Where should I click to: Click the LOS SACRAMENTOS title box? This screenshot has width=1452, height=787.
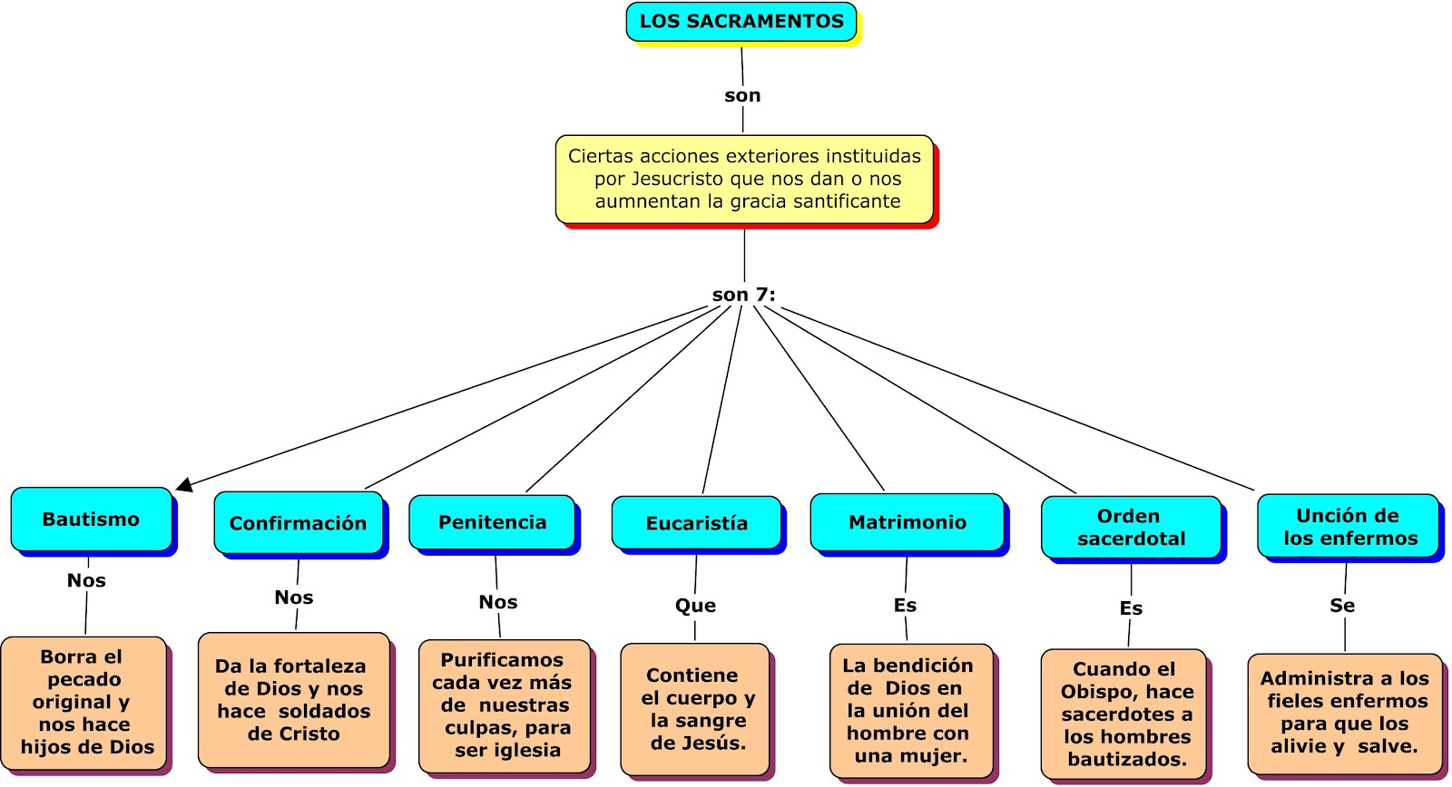tap(741, 22)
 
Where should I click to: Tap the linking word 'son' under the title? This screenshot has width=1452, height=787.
tap(742, 95)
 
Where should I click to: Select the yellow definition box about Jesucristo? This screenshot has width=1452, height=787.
tap(744, 179)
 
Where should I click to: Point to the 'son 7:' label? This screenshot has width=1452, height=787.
tap(743, 295)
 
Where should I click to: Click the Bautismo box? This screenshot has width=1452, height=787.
tap(91, 520)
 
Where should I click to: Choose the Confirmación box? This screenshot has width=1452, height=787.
tap(298, 523)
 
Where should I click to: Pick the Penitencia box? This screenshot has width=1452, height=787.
tap(492, 522)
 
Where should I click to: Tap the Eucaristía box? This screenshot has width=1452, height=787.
tap(696, 523)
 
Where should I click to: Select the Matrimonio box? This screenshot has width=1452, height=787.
tap(907, 522)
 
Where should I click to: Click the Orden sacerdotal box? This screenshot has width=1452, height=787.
tap(1131, 527)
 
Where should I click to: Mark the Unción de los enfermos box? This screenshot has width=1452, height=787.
tap(1349, 527)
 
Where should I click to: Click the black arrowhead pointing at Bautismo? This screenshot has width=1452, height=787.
tap(184, 486)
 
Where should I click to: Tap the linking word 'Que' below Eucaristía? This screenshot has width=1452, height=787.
tap(695, 606)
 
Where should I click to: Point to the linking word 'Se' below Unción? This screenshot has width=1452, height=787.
tap(1342, 606)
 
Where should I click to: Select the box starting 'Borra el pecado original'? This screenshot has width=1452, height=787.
tap(84, 702)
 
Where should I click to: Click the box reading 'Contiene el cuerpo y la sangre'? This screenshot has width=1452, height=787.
tap(695, 709)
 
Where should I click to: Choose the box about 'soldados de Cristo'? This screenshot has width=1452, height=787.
tap(294, 700)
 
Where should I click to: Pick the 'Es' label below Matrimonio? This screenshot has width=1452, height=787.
tap(905, 605)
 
